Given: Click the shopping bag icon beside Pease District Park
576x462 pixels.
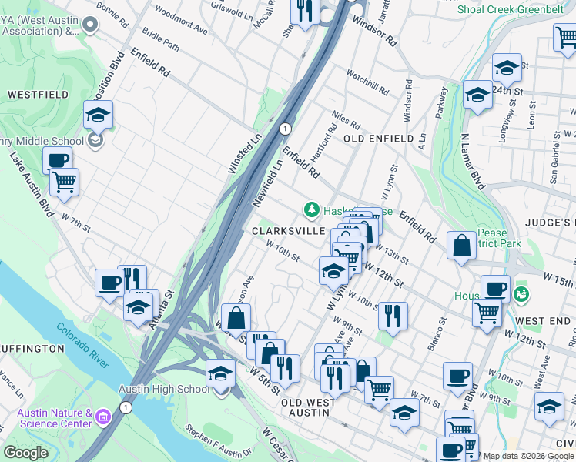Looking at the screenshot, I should (x=460, y=247).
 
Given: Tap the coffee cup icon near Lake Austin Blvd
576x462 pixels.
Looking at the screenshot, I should (x=56, y=160).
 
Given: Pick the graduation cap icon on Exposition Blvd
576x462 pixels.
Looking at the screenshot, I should (x=98, y=115).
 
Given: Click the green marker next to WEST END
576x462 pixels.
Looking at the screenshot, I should (x=521, y=294).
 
